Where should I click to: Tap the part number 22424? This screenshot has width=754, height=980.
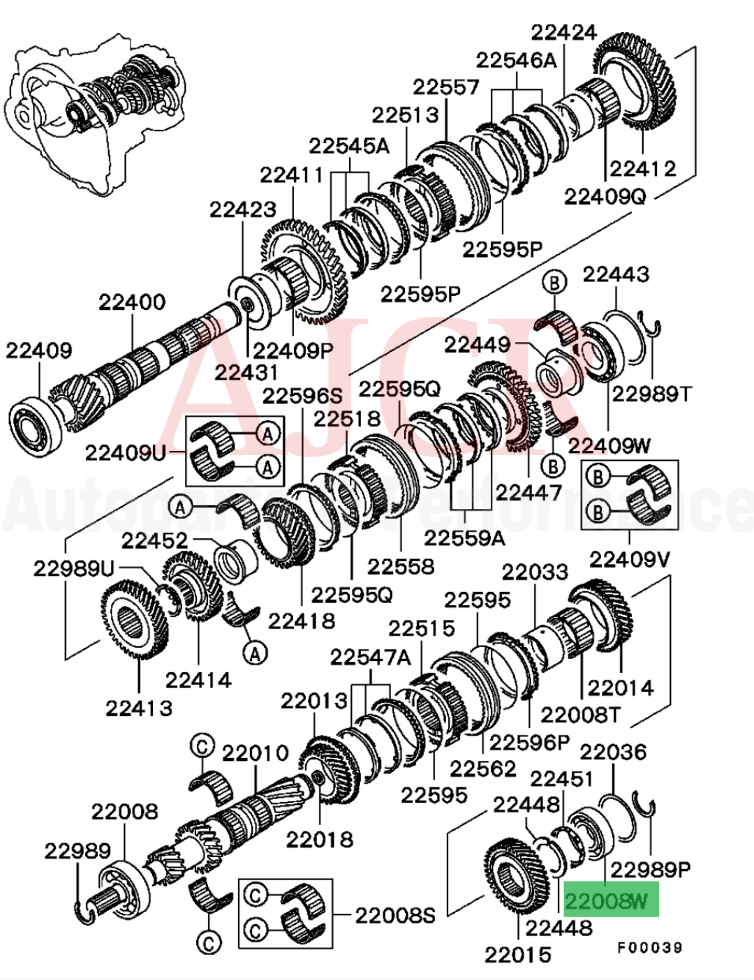tap(563, 32)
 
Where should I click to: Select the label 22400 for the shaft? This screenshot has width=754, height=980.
tap(132, 302)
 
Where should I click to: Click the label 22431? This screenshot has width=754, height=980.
tap(246, 372)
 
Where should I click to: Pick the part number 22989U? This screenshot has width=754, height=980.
tap(73, 569)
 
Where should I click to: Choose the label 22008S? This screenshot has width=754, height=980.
tap(395, 915)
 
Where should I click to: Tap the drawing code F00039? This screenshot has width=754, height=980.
tap(649, 947)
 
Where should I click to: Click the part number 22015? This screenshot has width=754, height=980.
tap(518, 954)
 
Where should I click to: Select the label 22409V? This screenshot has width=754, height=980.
tap(630, 559)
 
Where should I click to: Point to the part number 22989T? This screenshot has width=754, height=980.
tap(651, 394)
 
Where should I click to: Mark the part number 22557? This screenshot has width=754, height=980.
tap(446, 87)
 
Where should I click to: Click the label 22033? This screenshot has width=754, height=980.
tap(535, 572)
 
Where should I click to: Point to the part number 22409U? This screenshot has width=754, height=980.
tap(126, 453)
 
